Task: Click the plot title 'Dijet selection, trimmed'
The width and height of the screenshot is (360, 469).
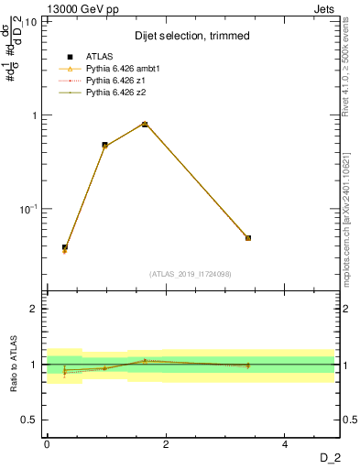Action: pos(191,36)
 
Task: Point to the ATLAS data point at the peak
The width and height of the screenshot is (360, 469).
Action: pos(145,125)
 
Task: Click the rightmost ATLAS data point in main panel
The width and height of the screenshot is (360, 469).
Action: pos(248,238)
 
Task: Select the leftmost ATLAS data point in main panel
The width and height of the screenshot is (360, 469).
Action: pos(65,247)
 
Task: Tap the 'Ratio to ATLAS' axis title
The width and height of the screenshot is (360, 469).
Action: pos(14,365)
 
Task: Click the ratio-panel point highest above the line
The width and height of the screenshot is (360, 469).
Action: pos(145,361)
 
